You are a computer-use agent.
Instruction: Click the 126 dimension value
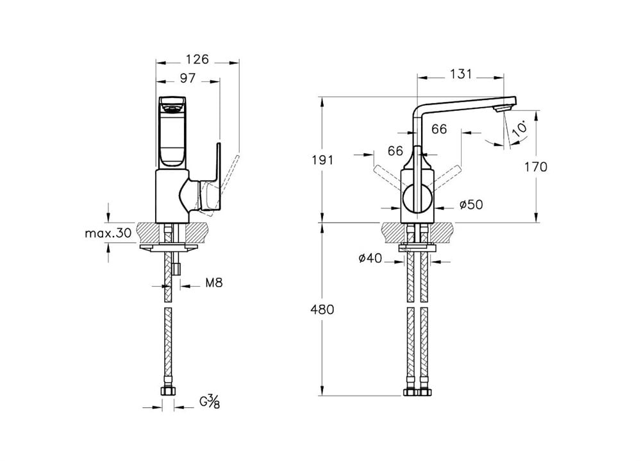point(197,60)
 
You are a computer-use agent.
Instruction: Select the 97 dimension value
point(188,78)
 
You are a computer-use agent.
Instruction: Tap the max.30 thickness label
point(108,233)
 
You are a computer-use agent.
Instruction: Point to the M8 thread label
point(214,283)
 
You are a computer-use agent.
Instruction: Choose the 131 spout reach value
point(461,74)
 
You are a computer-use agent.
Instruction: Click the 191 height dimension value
point(322,160)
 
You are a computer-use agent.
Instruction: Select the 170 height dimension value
point(535,167)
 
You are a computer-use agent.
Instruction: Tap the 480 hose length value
point(322,310)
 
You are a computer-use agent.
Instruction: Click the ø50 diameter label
point(471,204)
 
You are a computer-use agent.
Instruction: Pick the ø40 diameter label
point(370,258)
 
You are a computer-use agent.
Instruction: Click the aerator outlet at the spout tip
point(503,108)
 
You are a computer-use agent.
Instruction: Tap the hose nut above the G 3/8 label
point(167,391)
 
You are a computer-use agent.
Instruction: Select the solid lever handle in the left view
point(212,180)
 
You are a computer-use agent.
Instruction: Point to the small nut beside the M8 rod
point(177,269)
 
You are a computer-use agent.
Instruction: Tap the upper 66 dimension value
point(439,130)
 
